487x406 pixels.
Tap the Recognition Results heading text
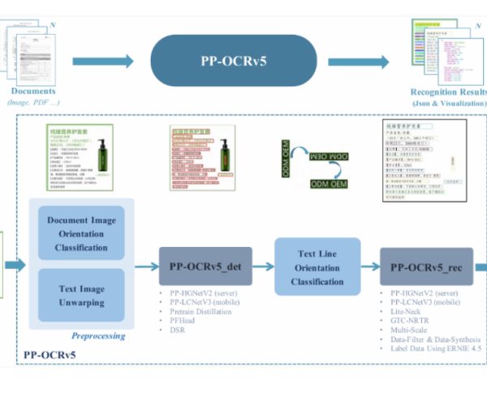click(448, 92)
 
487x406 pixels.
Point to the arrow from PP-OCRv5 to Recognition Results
click(357, 61)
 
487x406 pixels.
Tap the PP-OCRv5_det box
click(205, 266)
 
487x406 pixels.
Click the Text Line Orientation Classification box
click(317, 266)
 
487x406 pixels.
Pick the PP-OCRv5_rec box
click(426, 266)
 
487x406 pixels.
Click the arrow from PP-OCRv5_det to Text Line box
click(263, 266)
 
